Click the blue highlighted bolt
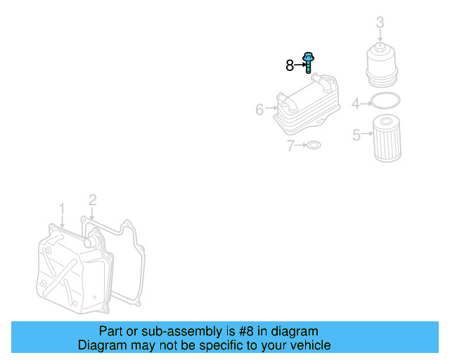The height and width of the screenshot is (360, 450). point(308,63)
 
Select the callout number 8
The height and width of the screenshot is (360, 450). point(290,65)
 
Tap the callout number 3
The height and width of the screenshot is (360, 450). point(380,22)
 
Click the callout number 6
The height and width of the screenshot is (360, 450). point(259,110)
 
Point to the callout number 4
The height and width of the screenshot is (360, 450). point(356,103)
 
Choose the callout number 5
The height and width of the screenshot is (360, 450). point(356,135)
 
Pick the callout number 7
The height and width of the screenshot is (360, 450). point(290,146)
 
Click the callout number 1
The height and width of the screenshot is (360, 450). point(62,209)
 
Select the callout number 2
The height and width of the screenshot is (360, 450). point(92,200)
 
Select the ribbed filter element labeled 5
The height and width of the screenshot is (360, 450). point(387,139)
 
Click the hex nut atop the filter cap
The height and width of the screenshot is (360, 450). point(380,47)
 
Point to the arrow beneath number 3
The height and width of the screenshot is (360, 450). point(380,36)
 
